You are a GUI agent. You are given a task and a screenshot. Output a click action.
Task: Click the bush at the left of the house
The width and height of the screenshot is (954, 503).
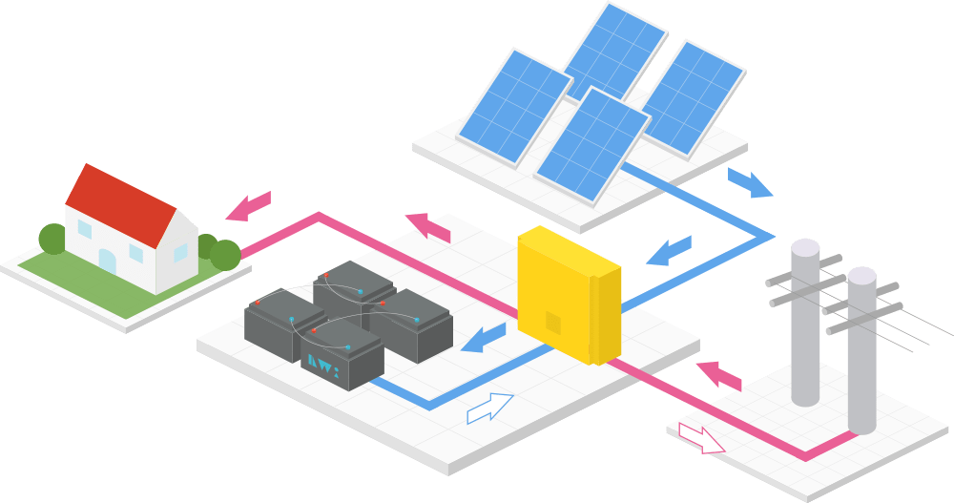52,239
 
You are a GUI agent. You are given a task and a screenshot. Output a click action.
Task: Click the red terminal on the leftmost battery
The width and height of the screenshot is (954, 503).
257,303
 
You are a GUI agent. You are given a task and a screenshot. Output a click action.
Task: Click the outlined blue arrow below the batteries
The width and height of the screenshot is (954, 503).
490,409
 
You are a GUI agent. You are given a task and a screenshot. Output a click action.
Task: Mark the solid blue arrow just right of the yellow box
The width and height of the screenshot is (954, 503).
669,251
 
